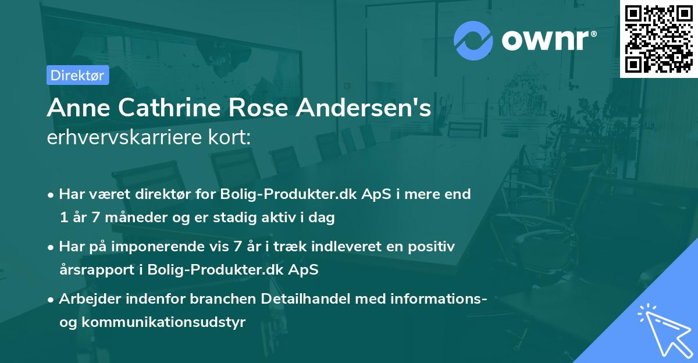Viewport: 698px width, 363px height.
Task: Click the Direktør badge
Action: click(77, 75)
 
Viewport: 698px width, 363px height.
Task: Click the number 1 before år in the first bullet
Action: click(62, 218)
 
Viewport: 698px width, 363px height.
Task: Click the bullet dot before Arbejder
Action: click(52, 300)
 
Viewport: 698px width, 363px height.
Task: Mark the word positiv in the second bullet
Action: click(433, 247)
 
